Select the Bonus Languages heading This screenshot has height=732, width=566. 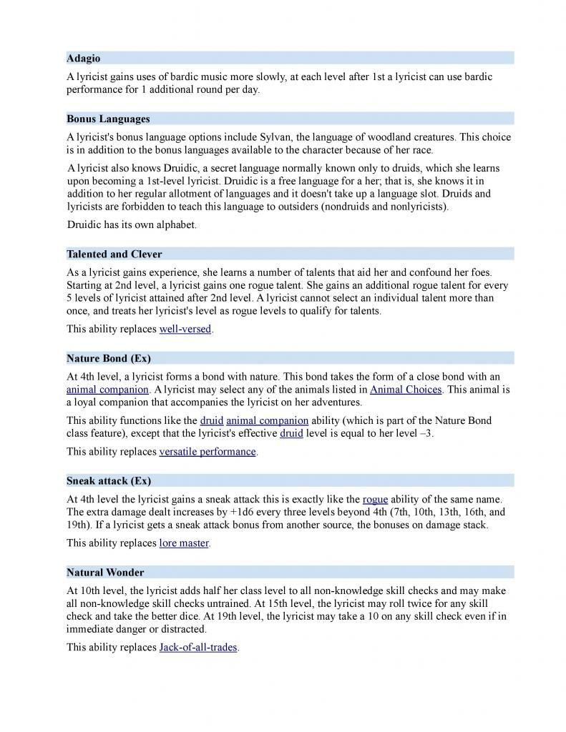[x=108, y=119]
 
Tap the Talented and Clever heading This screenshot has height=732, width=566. [x=114, y=254]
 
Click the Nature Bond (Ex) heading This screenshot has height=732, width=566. [x=109, y=358]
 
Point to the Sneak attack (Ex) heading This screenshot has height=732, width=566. [x=109, y=480]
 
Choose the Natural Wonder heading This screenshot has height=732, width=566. [x=105, y=573]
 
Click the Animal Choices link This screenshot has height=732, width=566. [x=406, y=390]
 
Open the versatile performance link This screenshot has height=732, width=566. [x=207, y=452]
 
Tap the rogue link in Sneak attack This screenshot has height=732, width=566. [x=375, y=499]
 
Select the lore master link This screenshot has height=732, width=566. [x=184, y=543]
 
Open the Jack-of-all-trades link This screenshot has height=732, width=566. [x=197, y=648]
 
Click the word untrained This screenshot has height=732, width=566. [x=202, y=604]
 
